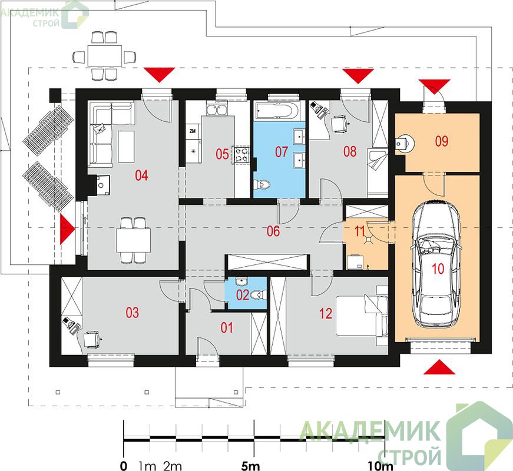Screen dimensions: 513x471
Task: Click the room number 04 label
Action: click(141, 175)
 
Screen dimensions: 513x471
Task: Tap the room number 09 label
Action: click(441, 141)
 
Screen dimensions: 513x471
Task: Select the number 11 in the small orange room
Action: click(359, 231)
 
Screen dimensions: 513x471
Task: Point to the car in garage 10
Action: click(437, 264)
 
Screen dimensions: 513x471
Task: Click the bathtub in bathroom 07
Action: click(277, 111)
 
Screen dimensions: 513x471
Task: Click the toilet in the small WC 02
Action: click(258, 295)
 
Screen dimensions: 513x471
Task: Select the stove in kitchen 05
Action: click(241, 155)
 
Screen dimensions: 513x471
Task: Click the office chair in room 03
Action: click(91, 339)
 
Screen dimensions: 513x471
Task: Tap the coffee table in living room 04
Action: click(126, 147)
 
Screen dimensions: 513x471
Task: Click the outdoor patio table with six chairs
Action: click(105, 56)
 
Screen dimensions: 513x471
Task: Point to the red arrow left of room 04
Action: click(67, 229)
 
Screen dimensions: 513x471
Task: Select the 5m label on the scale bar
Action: click(251, 466)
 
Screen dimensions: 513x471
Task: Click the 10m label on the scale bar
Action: click(380, 466)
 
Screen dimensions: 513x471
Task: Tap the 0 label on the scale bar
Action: click(123, 466)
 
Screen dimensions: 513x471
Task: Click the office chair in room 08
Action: click(339, 124)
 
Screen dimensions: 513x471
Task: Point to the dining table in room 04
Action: click(134, 240)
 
